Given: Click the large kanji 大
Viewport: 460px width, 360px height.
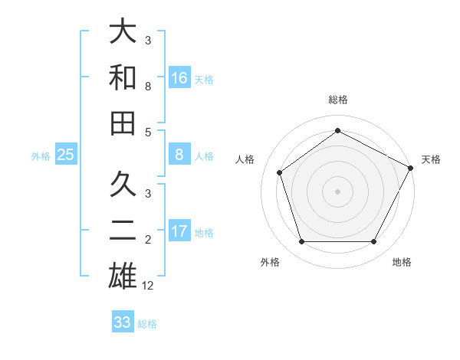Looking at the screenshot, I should click(x=123, y=31).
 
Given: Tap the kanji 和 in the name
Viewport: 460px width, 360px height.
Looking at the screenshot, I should click(x=123, y=77).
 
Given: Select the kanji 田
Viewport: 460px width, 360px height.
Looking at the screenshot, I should click(x=123, y=122).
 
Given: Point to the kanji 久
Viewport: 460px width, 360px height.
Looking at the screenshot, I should click(x=123, y=185).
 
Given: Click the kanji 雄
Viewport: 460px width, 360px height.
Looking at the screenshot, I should click(x=123, y=276).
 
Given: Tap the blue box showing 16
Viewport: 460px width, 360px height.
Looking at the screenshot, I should click(x=179, y=78).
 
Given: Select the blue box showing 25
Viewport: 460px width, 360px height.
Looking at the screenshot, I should click(x=66, y=155).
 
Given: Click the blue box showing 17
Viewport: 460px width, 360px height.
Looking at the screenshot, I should click(x=179, y=231).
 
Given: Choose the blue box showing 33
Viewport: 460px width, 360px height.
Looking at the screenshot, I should click(x=123, y=322).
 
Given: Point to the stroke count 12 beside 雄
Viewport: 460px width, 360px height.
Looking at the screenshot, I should click(x=148, y=285).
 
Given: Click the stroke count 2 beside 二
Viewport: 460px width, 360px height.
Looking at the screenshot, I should click(x=148, y=241).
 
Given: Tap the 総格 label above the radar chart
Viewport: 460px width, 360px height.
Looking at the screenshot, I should click(x=338, y=100).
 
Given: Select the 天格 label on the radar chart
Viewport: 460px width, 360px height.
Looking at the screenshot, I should click(x=431, y=159).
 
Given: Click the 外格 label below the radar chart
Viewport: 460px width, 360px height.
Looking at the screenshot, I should click(x=270, y=262).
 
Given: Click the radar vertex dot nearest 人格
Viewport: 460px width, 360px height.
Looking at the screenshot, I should click(x=280, y=172).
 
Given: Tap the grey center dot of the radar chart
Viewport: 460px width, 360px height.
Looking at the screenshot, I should click(x=338, y=191).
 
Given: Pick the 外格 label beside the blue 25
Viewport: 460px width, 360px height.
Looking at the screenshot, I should click(x=41, y=155).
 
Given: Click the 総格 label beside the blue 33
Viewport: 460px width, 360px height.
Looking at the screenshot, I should click(x=147, y=323).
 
